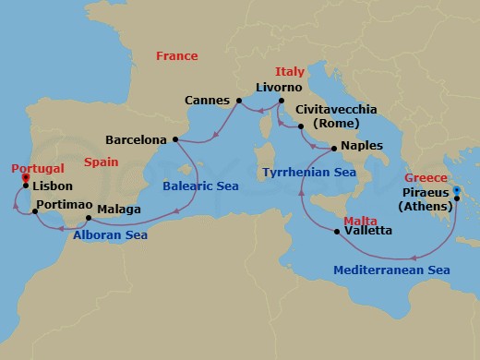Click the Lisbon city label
point(53,185)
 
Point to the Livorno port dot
point(281,101)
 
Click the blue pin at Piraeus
point(456,191)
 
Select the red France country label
point(176,56)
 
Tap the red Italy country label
point(290,72)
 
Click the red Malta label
point(358,221)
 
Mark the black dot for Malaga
point(88,219)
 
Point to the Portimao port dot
point(36,212)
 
